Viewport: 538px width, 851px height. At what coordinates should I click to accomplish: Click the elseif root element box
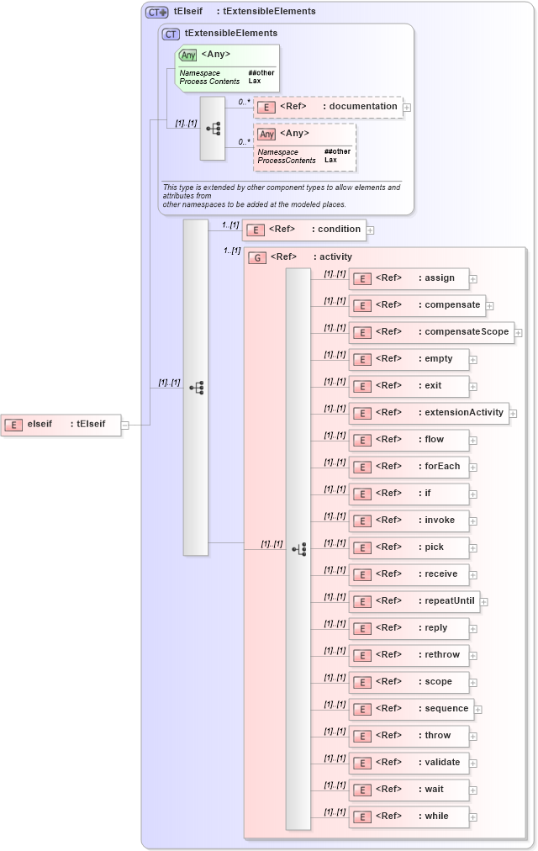[x=61, y=425]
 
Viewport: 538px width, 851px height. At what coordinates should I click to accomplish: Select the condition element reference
[x=303, y=230]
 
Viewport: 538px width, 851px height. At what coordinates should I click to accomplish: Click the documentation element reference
[x=328, y=107]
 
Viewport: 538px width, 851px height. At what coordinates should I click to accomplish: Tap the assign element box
[x=409, y=278]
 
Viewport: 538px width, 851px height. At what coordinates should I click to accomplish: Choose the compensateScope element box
[x=431, y=332]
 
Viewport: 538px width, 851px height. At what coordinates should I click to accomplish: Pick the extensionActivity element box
[x=429, y=413]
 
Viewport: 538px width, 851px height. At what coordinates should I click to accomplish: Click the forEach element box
[x=409, y=467]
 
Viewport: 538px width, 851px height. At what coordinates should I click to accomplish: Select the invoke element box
[x=409, y=521]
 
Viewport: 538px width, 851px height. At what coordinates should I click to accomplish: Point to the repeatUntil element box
[x=414, y=601]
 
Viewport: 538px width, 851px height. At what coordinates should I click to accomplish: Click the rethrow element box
[x=409, y=655]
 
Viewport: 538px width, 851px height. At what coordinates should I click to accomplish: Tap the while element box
[x=409, y=817]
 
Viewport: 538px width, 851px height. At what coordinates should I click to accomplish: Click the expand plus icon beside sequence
[x=478, y=710]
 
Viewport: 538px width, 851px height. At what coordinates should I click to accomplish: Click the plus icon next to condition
[x=370, y=230]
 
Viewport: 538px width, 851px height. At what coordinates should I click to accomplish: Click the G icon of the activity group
[x=257, y=257]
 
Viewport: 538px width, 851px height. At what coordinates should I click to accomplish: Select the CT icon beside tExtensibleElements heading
[x=171, y=34]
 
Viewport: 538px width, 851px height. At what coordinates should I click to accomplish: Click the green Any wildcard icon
[x=188, y=55]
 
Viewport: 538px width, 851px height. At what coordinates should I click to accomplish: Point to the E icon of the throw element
[x=361, y=737]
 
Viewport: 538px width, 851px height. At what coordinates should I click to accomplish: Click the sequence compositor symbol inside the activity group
[x=298, y=549]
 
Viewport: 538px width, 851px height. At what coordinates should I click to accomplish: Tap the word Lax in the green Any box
[x=254, y=82]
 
